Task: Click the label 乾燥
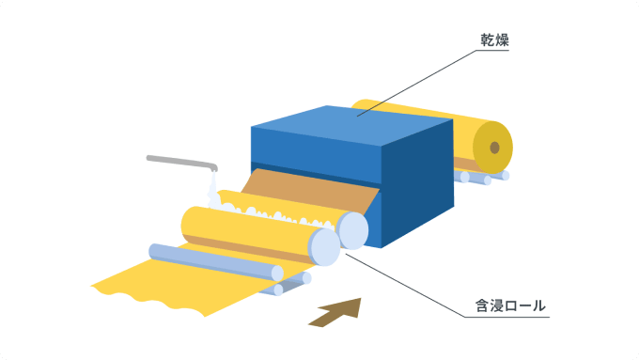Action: [494, 40]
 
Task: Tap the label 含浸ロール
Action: [510, 305]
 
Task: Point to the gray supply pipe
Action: [181, 163]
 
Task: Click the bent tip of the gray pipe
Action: [214, 167]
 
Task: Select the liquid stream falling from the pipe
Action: [213, 190]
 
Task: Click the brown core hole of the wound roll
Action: [494, 148]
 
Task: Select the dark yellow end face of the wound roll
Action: [492, 148]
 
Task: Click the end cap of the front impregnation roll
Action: [325, 247]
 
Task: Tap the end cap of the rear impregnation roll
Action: [353, 231]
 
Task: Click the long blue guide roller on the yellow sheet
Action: [216, 261]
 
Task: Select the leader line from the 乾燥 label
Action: [416, 83]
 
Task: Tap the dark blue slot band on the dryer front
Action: [316, 173]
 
